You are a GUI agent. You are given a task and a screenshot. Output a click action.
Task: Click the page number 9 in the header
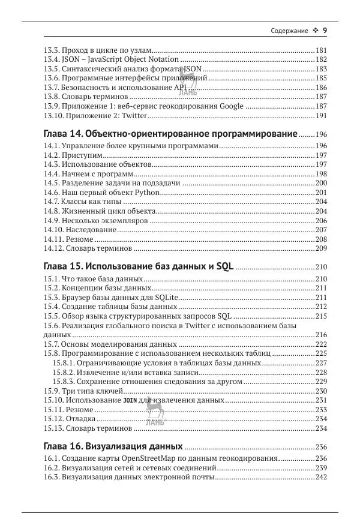pyautogui.click(x=325, y=31)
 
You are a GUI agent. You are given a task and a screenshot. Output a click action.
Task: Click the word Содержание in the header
pyautogui.click(x=289, y=31)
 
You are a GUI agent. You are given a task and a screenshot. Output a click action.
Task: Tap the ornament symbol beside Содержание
pyautogui.click(x=315, y=31)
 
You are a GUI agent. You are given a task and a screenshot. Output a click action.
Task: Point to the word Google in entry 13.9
pyautogui.click(x=230, y=106)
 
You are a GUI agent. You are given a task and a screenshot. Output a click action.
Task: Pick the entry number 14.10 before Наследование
pyautogui.click(x=53, y=230)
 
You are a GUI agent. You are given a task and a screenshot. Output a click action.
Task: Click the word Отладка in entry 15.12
pyautogui.click(x=80, y=419)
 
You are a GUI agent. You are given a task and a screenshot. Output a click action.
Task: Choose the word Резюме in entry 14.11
pyautogui.click(x=79, y=239)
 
